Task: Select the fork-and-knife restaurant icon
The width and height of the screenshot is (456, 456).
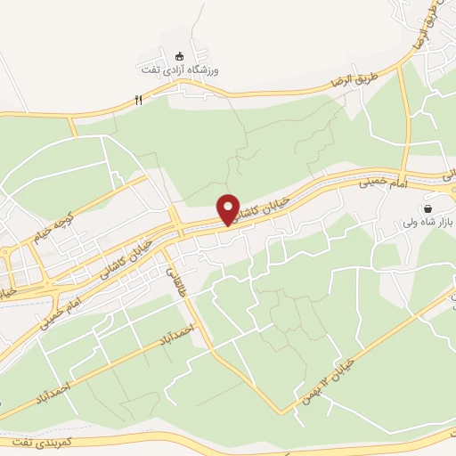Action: pos(138,101)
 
